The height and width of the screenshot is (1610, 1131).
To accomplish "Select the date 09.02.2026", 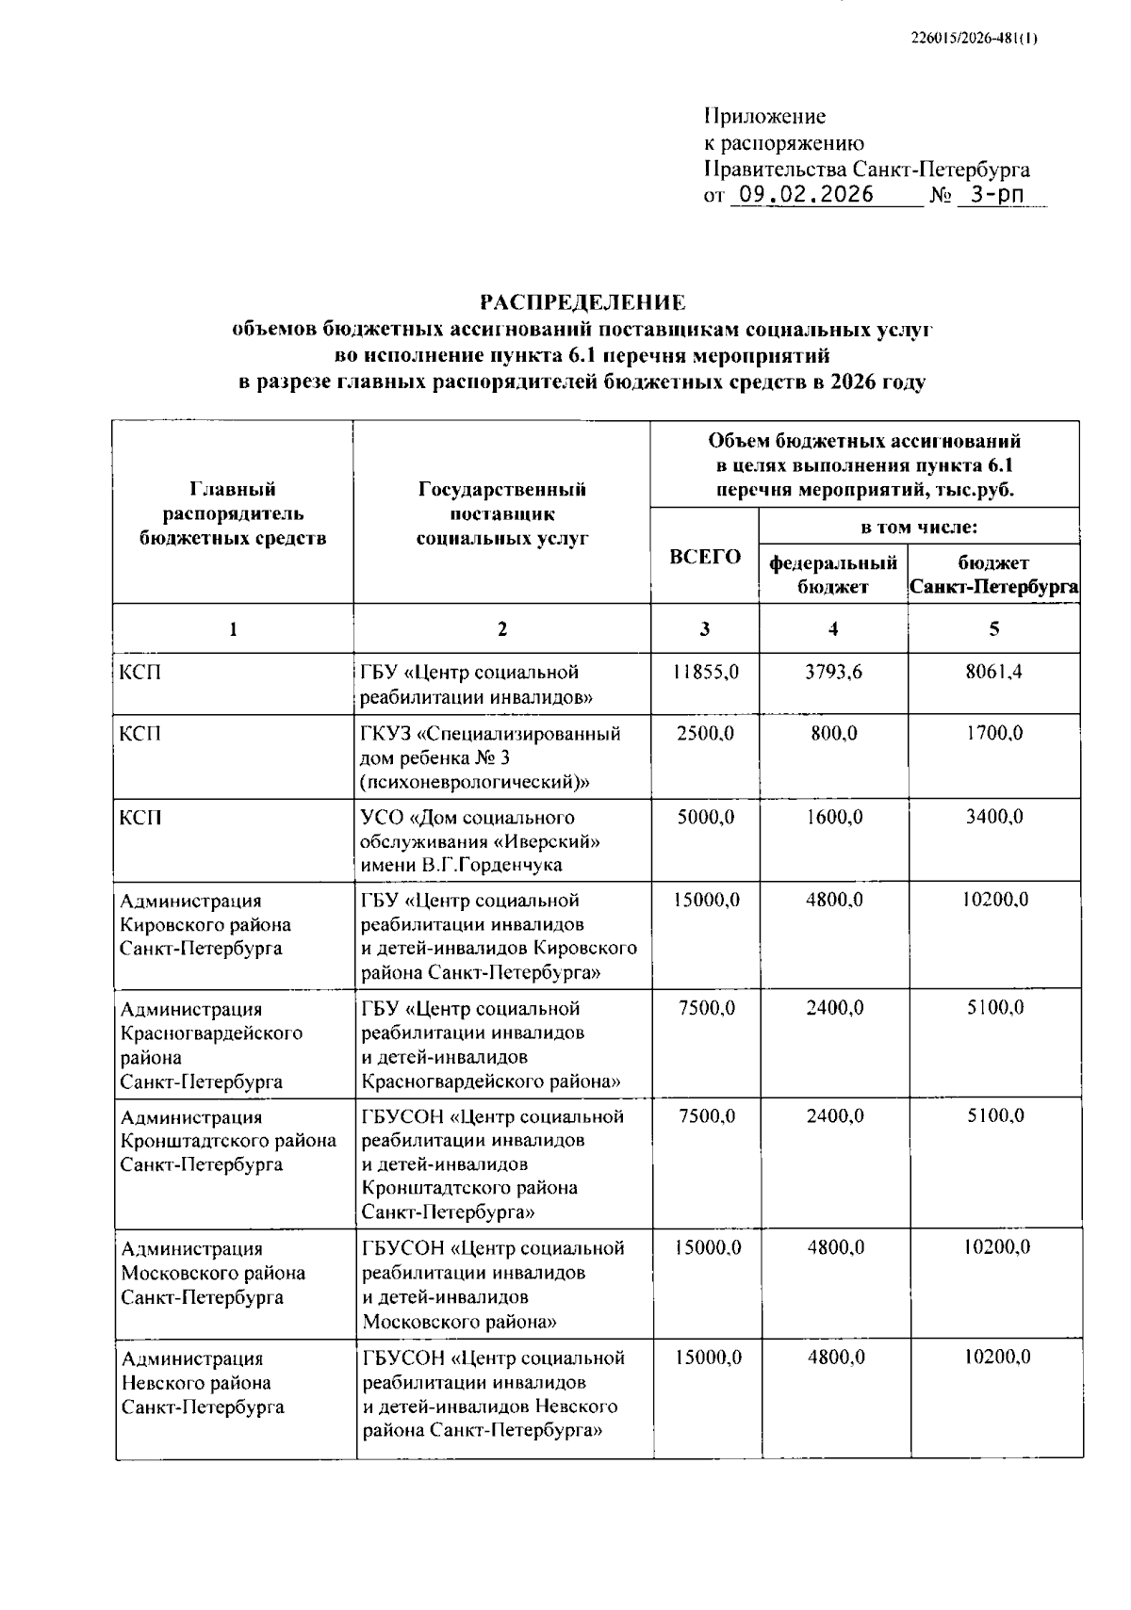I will coord(805,195).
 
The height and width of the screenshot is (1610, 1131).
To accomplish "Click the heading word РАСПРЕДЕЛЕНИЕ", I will coord(582,302).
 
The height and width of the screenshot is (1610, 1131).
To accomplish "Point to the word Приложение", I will coord(764,117).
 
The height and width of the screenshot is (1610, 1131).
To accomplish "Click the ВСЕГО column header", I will coord(704,557).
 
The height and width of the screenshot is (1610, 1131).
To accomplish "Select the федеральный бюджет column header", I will coord(833,575).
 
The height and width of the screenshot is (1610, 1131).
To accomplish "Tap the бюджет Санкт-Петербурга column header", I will coord(993,575).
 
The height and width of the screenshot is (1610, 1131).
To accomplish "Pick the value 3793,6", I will coord(833,673).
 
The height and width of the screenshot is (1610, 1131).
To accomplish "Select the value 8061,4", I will coord(993,673).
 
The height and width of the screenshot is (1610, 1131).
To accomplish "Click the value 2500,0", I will coord(705,733).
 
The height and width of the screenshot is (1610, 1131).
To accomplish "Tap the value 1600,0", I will coord(833,817).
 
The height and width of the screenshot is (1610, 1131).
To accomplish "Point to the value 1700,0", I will coord(993,733).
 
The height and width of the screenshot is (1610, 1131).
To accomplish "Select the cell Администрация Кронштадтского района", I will coord(228,1141).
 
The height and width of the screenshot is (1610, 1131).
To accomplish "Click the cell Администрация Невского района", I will coord(202,1383).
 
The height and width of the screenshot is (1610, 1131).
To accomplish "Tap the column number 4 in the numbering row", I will coord(833,628).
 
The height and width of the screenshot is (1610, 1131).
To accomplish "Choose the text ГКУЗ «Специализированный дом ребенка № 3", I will coord(489,745).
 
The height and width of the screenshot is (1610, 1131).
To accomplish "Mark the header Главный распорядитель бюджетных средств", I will coord(233,513).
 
